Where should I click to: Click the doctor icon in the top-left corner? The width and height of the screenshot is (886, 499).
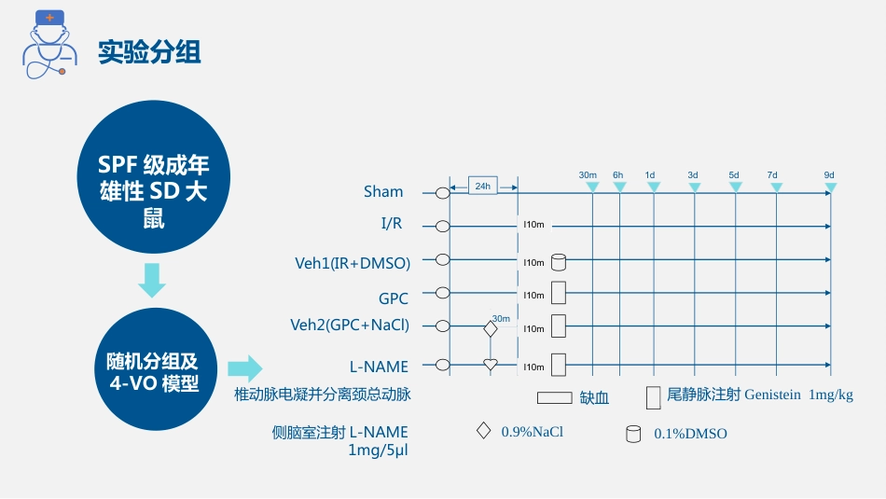[49, 44]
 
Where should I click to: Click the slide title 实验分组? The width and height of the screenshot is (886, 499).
[149, 52]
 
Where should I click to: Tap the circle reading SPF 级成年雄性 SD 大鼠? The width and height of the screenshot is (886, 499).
[154, 177]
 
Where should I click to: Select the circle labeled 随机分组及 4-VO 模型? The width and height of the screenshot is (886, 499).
[156, 369]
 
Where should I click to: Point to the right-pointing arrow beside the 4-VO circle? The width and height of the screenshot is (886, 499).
[245, 369]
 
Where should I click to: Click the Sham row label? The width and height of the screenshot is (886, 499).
[383, 191]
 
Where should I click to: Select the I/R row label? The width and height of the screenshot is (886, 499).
[392, 223]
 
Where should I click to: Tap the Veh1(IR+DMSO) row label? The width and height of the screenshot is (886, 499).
[353, 263]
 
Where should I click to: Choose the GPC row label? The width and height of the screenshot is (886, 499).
[394, 298]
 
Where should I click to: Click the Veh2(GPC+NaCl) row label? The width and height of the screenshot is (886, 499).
[350, 325]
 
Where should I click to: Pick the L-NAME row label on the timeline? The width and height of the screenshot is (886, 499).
[379, 367]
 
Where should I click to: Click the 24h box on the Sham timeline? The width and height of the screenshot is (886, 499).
[483, 186]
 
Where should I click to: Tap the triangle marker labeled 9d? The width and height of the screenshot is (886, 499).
[831, 187]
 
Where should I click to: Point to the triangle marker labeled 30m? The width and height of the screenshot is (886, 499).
[593, 187]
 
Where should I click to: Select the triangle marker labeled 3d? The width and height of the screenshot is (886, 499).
[695, 187]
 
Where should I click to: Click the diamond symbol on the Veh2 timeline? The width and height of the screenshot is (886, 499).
[491, 328]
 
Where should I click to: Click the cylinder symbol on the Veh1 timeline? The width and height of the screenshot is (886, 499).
[559, 262]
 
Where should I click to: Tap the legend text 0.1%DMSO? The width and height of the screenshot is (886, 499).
[690, 434]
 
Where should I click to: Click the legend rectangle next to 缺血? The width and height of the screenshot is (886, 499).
[554, 398]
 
